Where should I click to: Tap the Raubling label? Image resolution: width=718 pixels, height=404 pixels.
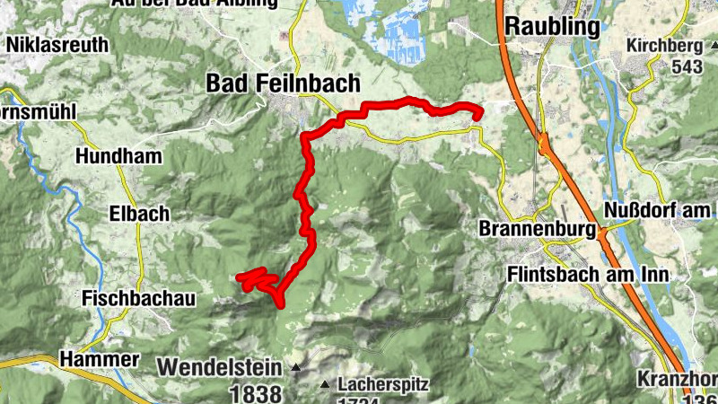pyautogui.click(x=552, y=27)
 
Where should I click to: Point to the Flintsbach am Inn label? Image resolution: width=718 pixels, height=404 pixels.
pyautogui.click(x=587, y=274)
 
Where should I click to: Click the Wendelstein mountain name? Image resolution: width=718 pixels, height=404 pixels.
pyautogui.click(x=223, y=367)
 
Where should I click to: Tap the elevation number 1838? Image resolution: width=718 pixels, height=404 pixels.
pyautogui.click(x=256, y=393)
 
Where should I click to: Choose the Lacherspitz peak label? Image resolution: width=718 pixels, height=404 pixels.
pyautogui.click(x=383, y=385)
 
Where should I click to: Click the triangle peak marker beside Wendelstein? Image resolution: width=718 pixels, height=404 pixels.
pyautogui.click(x=296, y=367)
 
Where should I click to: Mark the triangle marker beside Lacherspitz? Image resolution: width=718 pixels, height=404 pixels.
pyautogui.click(x=325, y=385)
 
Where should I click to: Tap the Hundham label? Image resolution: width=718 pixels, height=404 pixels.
pyautogui.click(x=119, y=156)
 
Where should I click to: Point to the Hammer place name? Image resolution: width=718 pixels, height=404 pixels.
pyautogui.click(x=100, y=359)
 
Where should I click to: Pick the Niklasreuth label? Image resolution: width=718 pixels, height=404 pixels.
pyautogui.click(x=57, y=44)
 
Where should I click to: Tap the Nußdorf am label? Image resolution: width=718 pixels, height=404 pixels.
pyautogui.click(x=661, y=210)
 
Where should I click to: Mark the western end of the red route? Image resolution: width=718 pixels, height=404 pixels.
pyautogui.click(x=240, y=278)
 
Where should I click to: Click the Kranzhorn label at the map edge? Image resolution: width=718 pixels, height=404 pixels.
pyautogui.click(x=679, y=378)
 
